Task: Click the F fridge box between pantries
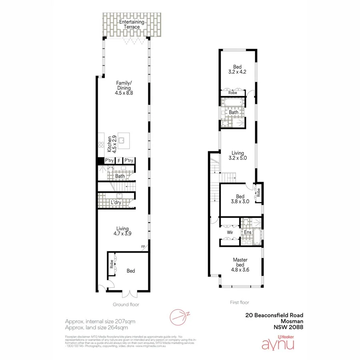tap(119, 161)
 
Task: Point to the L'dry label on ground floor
tap(116, 203)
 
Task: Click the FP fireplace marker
tap(143, 247)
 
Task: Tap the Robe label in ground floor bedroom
tap(110, 264)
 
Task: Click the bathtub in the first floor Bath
tap(232, 104)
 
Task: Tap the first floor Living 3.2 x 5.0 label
tap(238, 155)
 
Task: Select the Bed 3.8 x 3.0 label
tap(240, 199)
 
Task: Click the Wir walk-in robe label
tap(230, 232)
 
